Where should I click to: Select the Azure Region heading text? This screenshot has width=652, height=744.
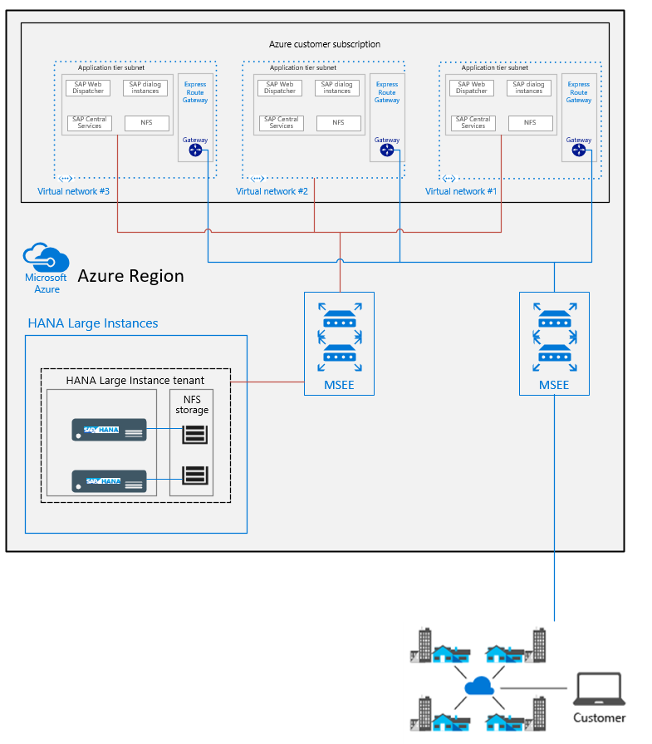point(130,276)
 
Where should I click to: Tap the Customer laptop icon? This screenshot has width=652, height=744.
point(599,690)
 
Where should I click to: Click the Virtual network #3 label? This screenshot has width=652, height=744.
point(74,191)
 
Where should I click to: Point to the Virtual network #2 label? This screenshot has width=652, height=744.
point(272,191)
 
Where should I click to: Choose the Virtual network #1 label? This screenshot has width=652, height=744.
point(461,191)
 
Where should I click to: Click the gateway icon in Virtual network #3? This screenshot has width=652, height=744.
point(196,150)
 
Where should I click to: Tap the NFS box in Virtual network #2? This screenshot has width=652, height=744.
point(338,123)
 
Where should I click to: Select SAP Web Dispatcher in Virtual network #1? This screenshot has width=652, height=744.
point(471,88)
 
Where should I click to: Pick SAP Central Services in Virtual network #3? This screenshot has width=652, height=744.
point(90,123)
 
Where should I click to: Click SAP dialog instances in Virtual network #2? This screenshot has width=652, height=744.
point(337,88)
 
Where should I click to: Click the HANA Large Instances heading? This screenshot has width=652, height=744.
point(93,323)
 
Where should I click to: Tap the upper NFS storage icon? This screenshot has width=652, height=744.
point(194,433)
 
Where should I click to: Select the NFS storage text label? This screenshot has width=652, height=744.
point(192,405)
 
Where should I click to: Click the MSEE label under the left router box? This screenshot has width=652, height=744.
point(339,386)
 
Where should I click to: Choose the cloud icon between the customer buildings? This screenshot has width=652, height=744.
point(478,687)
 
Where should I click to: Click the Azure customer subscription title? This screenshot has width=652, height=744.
point(325,44)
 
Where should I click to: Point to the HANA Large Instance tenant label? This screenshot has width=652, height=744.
point(135,381)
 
